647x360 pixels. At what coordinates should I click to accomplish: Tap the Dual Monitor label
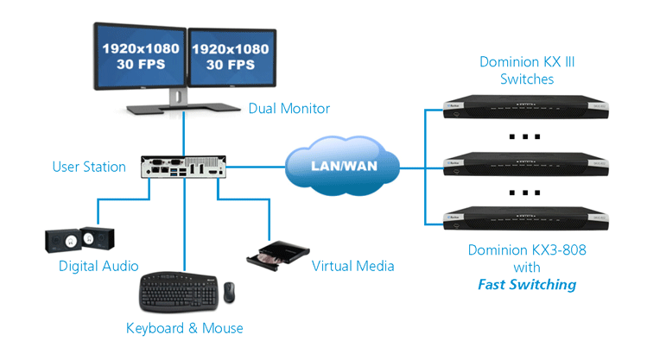[289, 109]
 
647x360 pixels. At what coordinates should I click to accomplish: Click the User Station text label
[88, 166]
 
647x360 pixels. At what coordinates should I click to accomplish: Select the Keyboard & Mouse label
[185, 328]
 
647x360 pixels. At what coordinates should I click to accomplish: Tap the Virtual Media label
[352, 266]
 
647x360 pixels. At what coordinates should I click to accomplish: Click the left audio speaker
[62, 239]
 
